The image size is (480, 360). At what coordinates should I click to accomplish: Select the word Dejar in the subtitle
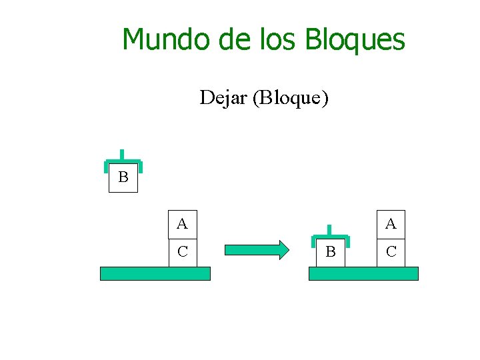click(223, 98)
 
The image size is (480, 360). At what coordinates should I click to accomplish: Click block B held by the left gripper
click(123, 178)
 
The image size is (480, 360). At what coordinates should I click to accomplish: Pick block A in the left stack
click(183, 224)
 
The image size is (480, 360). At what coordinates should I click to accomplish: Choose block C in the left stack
click(183, 252)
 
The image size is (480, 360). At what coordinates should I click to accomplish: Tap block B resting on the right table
click(330, 252)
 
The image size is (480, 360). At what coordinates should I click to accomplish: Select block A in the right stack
click(391, 224)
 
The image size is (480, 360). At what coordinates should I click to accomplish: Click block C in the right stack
click(391, 252)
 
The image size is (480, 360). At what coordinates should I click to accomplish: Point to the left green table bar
click(155, 273)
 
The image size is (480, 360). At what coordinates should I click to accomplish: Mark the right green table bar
click(363, 273)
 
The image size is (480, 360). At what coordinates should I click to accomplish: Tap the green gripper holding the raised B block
click(123, 162)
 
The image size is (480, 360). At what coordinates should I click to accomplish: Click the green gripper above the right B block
click(330, 237)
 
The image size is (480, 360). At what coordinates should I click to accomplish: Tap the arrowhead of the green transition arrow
click(283, 250)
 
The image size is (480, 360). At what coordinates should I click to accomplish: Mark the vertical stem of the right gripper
click(330, 229)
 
